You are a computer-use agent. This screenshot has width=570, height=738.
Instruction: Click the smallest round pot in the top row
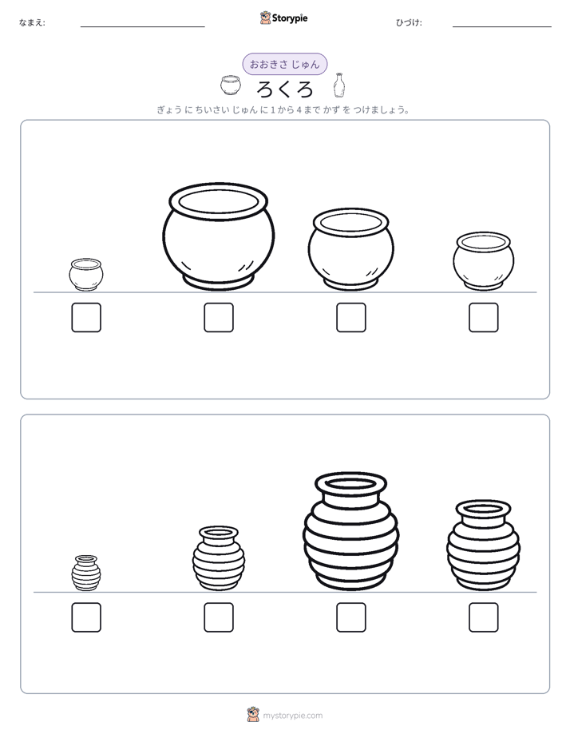86,275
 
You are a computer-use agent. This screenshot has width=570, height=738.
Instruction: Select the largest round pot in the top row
218,236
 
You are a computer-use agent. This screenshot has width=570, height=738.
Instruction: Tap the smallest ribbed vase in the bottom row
86,573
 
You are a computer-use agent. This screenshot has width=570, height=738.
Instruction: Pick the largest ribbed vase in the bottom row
350,531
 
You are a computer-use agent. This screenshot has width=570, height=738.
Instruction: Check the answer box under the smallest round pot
86,318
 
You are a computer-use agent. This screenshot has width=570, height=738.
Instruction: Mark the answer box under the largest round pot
219,318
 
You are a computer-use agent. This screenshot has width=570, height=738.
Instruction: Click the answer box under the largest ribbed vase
351,617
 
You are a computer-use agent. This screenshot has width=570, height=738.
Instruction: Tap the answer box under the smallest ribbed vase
86,617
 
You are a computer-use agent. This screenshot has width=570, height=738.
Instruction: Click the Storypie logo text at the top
290,18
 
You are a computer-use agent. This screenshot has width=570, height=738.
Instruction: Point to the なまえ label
32,22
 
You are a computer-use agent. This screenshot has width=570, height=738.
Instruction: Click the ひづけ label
409,22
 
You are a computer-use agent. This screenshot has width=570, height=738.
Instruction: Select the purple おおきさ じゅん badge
284,64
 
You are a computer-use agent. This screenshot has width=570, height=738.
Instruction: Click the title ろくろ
284,89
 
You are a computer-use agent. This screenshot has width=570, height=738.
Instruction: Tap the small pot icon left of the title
231,85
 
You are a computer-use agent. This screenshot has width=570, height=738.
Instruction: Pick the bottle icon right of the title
338,85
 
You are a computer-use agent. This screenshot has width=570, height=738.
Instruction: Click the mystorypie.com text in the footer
292,716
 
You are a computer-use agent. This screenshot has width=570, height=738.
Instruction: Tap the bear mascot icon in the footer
253,715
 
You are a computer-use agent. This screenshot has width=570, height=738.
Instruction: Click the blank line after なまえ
142,27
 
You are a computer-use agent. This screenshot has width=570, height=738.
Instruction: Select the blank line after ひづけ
502,27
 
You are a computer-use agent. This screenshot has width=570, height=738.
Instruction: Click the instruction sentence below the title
283,110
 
